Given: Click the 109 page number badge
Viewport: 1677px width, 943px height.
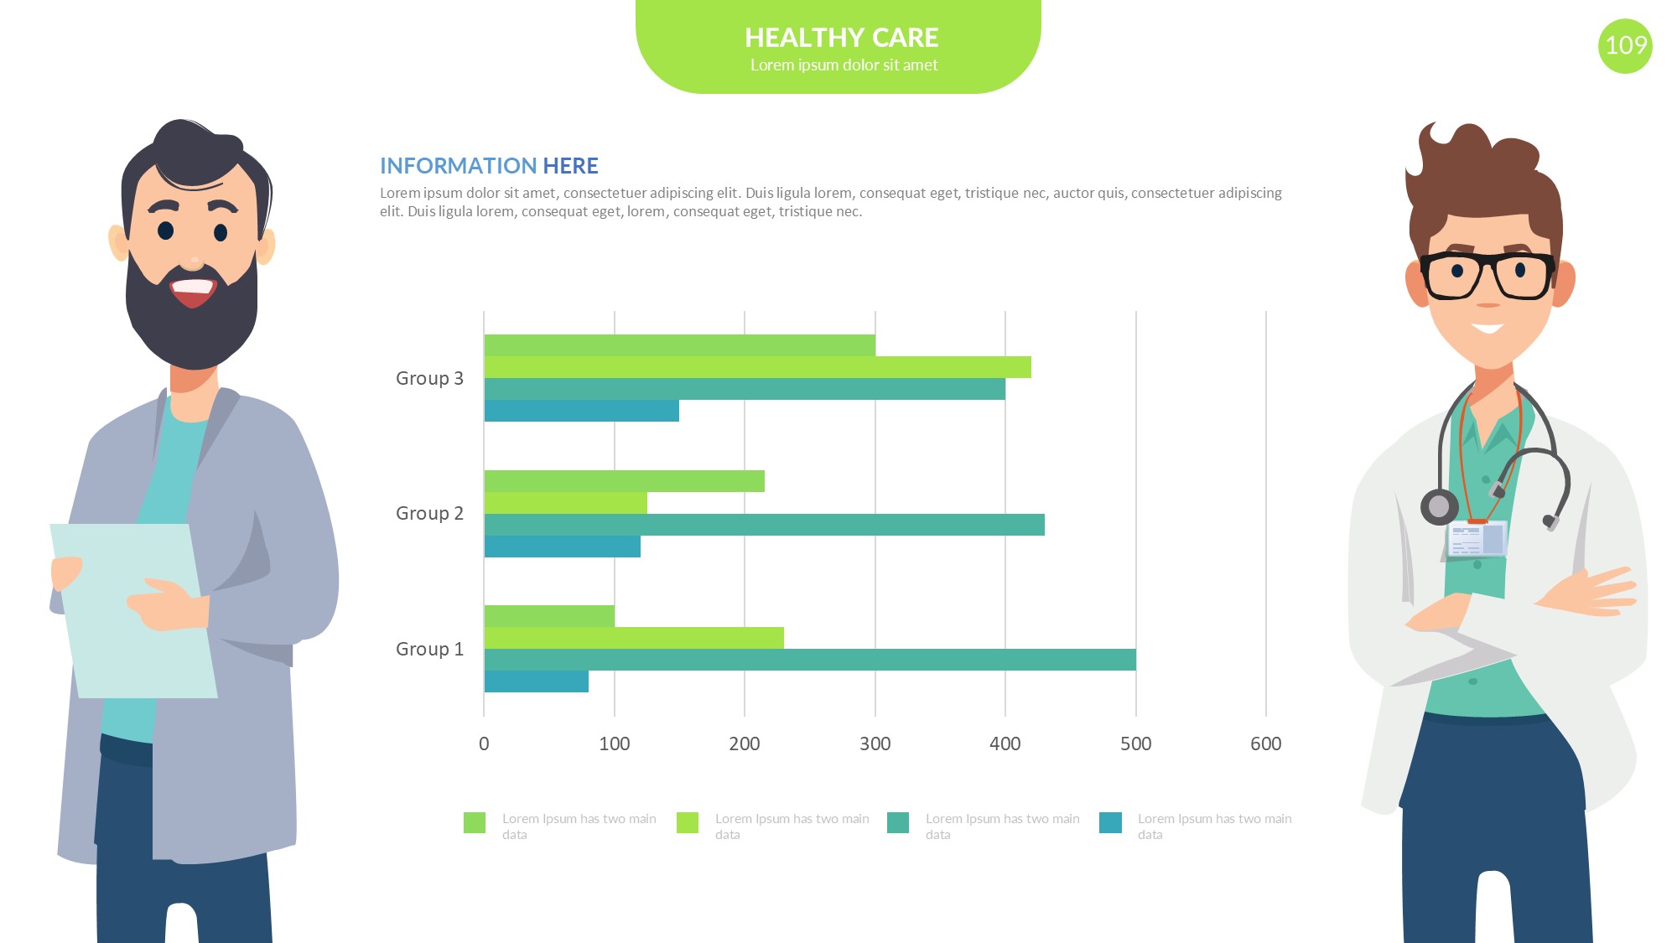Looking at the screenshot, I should click(1625, 45).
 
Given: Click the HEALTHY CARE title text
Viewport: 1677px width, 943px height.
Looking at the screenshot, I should click(841, 38).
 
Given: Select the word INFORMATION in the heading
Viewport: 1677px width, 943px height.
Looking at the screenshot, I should click(458, 166).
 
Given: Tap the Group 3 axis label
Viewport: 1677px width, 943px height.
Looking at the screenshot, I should click(429, 378).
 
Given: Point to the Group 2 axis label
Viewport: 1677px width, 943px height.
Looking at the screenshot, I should click(429, 513).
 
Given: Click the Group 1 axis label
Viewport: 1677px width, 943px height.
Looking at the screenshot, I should click(429, 649).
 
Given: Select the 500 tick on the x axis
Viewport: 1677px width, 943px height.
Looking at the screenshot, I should click(1135, 744).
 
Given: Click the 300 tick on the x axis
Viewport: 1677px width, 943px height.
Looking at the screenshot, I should click(875, 744).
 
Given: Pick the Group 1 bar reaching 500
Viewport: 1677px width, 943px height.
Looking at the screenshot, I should click(810, 660).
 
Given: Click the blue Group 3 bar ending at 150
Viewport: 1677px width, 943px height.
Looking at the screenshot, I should click(582, 411).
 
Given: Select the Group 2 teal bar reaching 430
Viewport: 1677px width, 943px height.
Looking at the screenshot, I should click(764, 525).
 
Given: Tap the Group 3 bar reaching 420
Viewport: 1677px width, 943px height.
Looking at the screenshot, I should click(757, 367).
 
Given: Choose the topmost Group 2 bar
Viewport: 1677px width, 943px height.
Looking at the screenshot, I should click(624, 481).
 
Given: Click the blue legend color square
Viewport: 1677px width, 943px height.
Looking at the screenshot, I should click(1110, 822).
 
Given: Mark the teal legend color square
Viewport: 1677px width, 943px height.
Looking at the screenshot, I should click(898, 822).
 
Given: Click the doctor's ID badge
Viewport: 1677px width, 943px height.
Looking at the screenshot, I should click(1477, 539).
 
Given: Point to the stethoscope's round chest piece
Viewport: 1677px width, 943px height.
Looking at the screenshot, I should click(1439, 506).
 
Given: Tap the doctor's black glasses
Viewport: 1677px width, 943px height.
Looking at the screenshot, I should click(1487, 275).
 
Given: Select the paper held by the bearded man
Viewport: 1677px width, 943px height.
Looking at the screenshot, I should click(134, 612).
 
